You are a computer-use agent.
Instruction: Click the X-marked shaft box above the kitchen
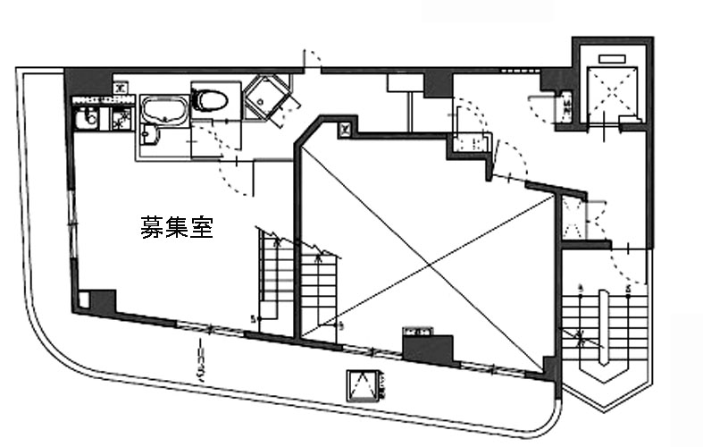point(120,87)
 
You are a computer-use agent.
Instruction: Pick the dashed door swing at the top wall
point(313,60)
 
